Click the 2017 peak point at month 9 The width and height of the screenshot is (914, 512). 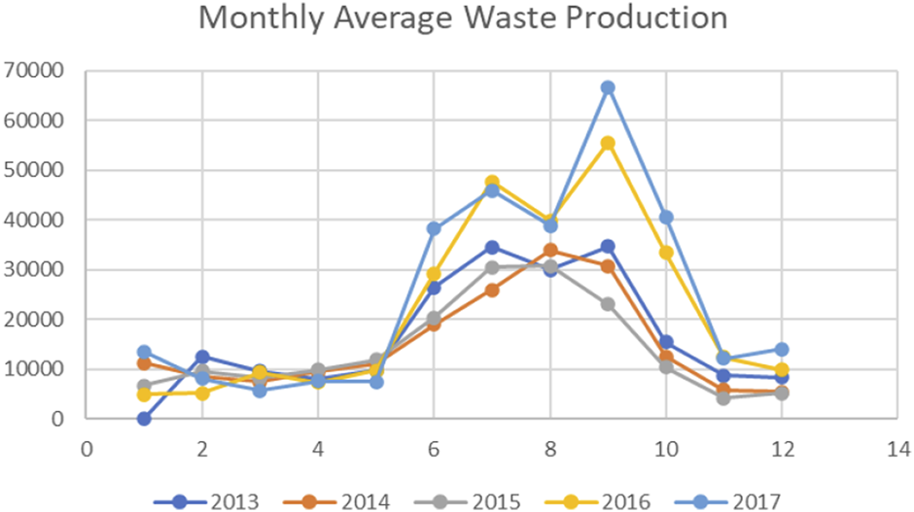click(x=607, y=87)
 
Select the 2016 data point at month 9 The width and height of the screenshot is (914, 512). click(x=607, y=143)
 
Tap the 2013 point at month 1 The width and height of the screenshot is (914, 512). click(x=144, y=419)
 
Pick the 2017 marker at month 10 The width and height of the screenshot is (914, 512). click(x=665, y=217)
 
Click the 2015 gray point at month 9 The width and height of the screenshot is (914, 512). click(x=607, y=304)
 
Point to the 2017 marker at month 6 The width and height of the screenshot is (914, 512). click(x=434, y=228)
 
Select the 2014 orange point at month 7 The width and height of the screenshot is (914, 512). click(x=491, y=290)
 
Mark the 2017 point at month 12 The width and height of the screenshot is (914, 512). click(x=781, y=349)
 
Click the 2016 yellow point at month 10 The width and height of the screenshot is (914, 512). click(x=665, y=252)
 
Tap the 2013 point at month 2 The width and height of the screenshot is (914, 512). click(x=202, y=357)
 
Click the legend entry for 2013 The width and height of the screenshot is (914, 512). click(x=207, y=500)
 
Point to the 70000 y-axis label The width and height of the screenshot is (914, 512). click(x=33, y=71)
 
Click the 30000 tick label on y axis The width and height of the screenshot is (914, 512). click(x=33, y=270)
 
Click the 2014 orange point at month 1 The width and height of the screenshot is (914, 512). click(x=144, y=363)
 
